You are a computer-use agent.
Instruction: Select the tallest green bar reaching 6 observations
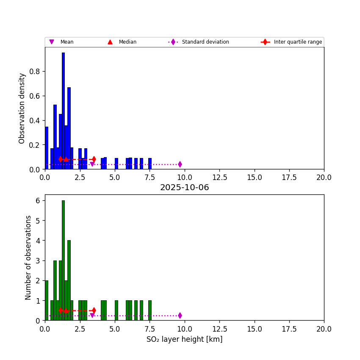(63, 260)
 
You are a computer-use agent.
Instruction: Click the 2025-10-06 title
(184, 188)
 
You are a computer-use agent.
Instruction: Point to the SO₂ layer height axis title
(184, 339)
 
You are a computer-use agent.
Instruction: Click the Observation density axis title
(22, 108)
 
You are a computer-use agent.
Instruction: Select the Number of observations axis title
(28, 258)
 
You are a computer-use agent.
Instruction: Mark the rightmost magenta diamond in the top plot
(180, 164)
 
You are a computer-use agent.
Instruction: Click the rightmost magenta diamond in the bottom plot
(180, 316)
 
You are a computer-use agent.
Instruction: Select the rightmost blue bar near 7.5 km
(150, 163)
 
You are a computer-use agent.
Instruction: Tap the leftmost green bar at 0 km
(47, 300)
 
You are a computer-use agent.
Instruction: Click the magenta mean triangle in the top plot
(92, 164)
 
